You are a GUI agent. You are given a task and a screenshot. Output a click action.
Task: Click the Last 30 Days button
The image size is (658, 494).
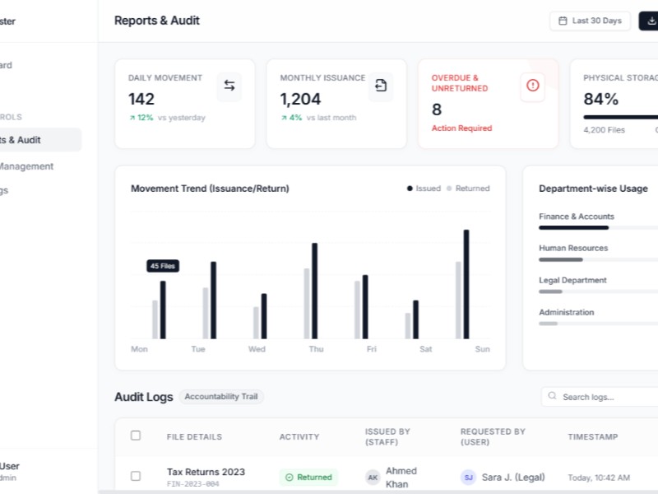click(590, 21)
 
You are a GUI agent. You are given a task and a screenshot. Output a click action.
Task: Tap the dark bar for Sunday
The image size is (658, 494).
click(466, 284)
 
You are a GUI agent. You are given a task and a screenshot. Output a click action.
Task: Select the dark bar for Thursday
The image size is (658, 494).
click(314, 291)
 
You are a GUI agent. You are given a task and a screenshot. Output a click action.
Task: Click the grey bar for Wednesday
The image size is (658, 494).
click(256, 323)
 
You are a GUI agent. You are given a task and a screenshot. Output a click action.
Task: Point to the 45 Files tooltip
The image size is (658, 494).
click(163, 266)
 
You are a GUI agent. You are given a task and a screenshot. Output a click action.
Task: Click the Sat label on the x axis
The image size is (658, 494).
click(425, 349)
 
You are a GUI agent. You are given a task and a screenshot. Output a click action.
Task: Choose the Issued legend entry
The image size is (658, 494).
click(424, 189)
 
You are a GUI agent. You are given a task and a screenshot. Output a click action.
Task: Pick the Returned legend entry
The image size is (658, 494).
click(468, 189)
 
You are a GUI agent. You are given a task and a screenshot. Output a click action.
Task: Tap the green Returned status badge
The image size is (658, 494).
click(308, 477)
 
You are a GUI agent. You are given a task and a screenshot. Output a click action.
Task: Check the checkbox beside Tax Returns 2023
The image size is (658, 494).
click(136, 476)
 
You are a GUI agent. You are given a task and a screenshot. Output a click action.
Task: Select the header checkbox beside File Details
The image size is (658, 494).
click(136, 436)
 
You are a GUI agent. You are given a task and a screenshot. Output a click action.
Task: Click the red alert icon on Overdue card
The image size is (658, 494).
click(532, 85)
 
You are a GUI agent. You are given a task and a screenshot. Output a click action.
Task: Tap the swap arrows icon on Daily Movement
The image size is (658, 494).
click(229, 86)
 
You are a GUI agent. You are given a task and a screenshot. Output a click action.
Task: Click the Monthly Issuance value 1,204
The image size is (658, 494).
click(301, 100)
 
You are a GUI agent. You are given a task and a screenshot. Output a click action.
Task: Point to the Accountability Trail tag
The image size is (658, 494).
click(221, 397)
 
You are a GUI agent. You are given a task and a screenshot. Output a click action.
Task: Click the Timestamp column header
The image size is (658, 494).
click(592, 437)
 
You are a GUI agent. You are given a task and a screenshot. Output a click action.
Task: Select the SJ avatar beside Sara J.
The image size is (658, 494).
click(468, 477)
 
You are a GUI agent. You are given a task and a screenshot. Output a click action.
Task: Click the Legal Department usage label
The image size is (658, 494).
click(572, 280)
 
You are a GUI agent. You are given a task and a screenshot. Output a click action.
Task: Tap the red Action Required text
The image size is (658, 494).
click(461, 128)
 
